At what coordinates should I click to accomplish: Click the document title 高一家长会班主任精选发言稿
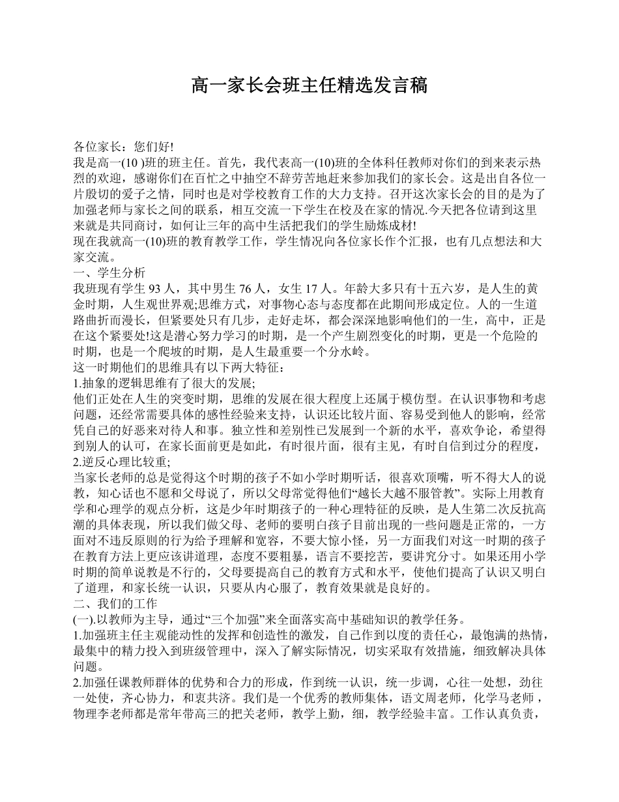click(x=309, y=85)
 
